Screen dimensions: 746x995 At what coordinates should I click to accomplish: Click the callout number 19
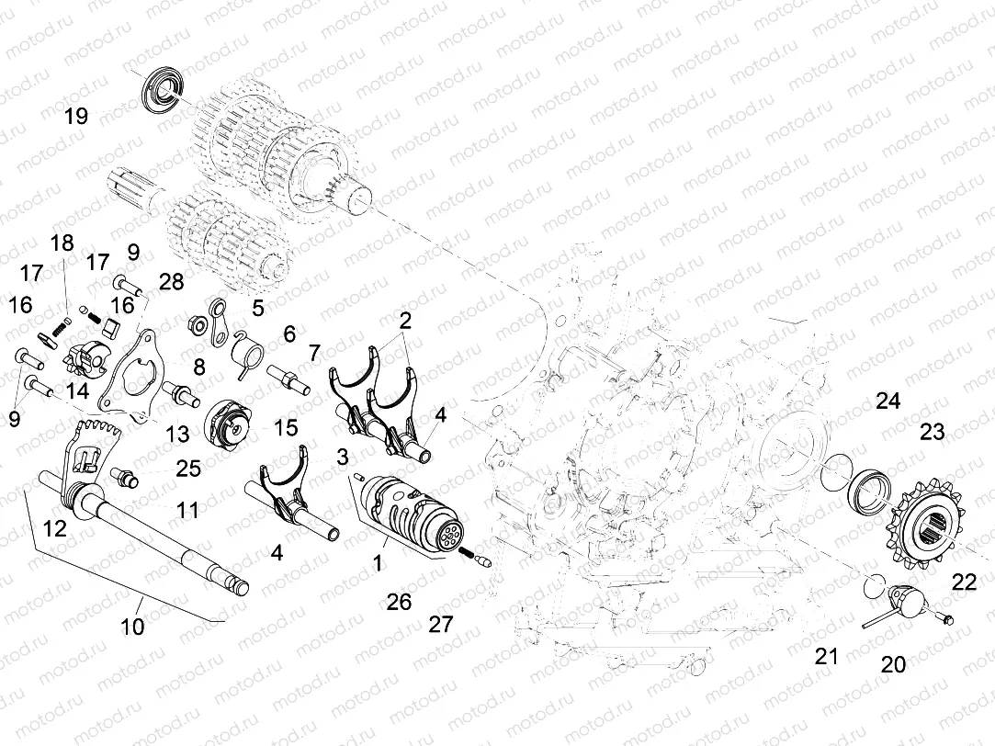point(75,117)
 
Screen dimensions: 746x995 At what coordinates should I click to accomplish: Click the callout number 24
point(888,401)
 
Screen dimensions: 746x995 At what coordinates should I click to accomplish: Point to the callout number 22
point(964,581)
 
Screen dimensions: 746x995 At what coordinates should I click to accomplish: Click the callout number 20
point(892,664)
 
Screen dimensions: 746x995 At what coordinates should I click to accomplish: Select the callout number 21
point(827,656)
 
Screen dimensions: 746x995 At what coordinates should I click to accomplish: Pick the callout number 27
point(441,625)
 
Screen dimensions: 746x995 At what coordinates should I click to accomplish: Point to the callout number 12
point(54,527)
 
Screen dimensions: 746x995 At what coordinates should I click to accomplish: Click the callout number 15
point(286,427)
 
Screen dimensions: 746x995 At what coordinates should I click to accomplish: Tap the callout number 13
point(177,433)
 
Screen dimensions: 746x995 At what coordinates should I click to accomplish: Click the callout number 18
point(62,243)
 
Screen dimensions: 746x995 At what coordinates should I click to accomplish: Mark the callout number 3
point(342,457)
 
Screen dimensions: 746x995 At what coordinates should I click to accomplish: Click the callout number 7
point(314,352)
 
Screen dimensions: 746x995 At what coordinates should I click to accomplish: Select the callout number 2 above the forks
point(404,320)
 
